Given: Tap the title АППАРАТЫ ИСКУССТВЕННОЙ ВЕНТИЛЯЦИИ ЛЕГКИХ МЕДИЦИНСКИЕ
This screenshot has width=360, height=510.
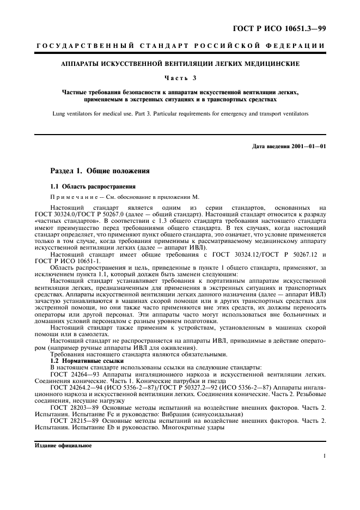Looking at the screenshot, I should tap(180, 64).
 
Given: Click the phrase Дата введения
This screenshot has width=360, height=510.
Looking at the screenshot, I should tap(270, 146).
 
